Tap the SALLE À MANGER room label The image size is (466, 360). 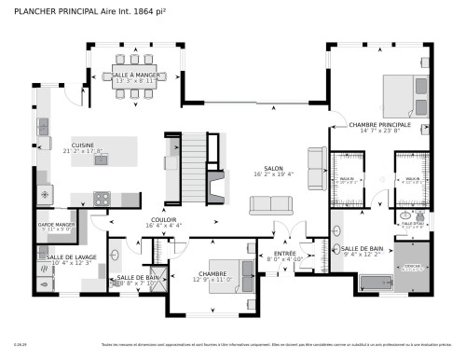(x=134, y=74)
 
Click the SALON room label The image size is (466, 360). (x=272, y=168)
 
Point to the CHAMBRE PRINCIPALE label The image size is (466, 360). (x=379, y=124)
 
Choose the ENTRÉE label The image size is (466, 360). (x=284, y=253)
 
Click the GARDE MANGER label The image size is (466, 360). (x=56, y=225)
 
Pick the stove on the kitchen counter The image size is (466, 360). (x=103, y=198)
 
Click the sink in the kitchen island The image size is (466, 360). (x=101, y=159)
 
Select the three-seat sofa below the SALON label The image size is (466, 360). (x=269, y=204)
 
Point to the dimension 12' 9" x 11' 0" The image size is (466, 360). (x=212, y=280)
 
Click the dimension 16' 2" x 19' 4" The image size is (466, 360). (x=273, y=174)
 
